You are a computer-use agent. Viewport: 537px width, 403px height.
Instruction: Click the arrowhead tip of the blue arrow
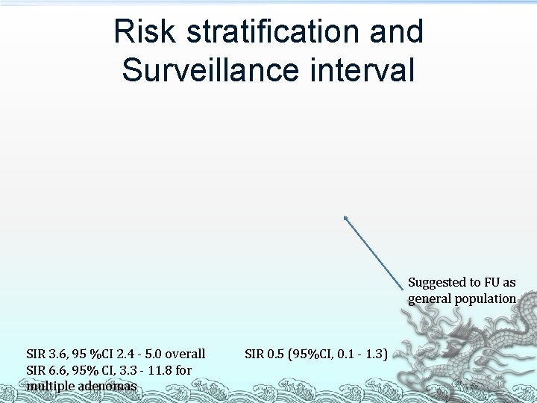coord(345,216)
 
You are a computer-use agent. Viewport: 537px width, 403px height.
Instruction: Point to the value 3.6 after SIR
coord(59,354)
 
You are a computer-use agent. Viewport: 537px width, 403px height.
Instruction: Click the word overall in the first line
coord(185,354)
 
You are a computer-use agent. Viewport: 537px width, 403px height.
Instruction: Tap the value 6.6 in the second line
coord(59,370)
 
